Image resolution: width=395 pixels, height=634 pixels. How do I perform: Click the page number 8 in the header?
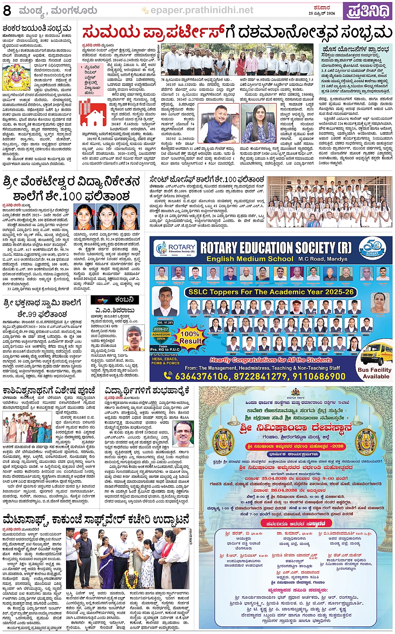7,10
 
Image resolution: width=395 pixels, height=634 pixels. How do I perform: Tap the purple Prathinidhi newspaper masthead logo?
367,10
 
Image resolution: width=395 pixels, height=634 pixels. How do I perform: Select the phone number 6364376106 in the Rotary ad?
202,376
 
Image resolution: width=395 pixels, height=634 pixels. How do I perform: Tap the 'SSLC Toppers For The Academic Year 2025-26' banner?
271,292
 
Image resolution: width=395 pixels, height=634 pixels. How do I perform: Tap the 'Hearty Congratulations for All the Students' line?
271,360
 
